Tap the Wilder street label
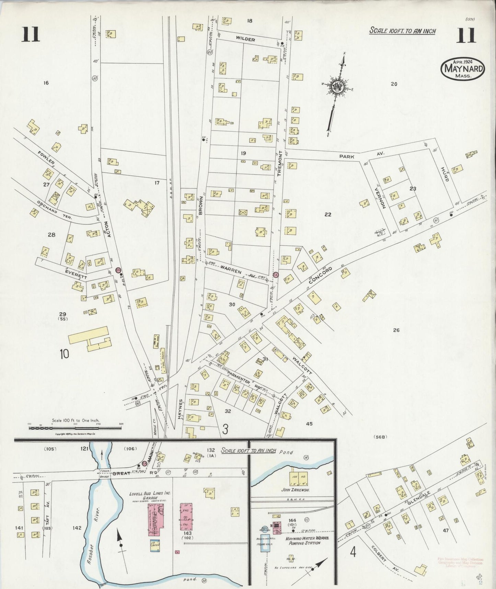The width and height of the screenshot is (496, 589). [x=245, y=40]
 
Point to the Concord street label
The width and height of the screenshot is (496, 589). [x=321, y=275]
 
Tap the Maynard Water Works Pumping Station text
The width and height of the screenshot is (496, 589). [x=303, y=541]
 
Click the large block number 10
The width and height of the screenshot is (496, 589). [x=64, y=354]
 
